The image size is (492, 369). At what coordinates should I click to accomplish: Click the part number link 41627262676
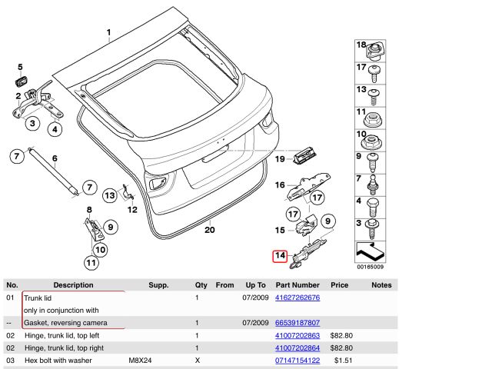297,297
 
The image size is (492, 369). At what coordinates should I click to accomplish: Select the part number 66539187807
297,322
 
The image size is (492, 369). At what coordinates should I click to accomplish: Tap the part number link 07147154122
297,360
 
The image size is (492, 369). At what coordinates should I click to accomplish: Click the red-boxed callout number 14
280,256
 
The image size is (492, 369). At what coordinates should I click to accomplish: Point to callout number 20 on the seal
210,229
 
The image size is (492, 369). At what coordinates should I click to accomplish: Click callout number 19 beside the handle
280,159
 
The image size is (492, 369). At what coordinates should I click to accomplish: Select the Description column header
73,284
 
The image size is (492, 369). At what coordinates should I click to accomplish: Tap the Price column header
339,284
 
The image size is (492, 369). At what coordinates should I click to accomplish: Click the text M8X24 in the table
140,360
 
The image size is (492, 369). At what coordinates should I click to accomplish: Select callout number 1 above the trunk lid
109,33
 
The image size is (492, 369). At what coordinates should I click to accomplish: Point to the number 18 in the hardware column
361,46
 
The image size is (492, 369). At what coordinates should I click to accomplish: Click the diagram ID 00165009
371,267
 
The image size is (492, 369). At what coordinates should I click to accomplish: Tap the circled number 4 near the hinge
55,129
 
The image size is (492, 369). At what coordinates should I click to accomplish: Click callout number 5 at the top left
20,68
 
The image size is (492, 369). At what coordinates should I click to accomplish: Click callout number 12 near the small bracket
132,209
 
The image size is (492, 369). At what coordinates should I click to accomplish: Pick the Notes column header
381,284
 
